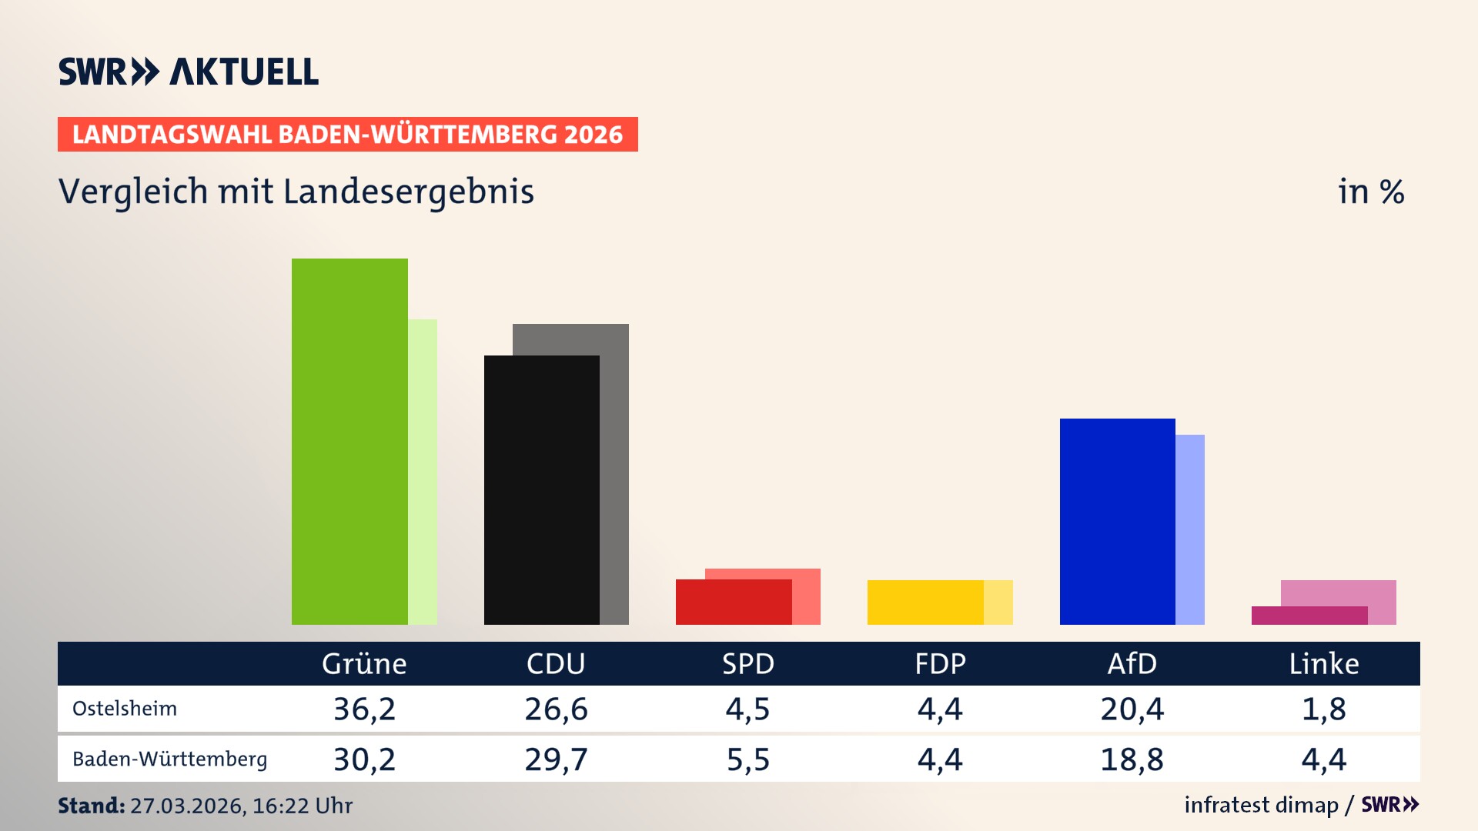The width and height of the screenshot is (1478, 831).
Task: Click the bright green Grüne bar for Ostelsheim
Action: [349, 441]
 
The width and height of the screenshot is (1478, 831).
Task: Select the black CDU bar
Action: [541, 489]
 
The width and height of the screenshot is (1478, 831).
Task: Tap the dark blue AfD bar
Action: [1117, 521]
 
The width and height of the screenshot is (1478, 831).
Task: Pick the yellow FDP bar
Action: [925, 602]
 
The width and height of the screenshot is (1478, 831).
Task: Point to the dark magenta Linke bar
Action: [1309, 616]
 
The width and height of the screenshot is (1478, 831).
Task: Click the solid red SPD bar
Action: [733, 602]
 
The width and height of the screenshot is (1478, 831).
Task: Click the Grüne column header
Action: [364, 663]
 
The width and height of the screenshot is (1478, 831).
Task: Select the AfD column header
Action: [1132, 663]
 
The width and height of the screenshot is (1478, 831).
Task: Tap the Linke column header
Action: [1324, 663]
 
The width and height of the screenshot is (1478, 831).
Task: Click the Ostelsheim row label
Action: [125, 709]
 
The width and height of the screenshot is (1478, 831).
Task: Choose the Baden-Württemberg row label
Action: [169, 759]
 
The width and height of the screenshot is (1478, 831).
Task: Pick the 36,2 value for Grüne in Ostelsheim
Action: [364, 709]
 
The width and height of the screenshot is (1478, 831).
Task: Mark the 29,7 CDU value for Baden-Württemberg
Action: [556, 759]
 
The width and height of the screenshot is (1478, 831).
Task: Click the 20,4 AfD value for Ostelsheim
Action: [1132, 709]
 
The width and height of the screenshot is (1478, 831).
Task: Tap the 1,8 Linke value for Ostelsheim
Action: [1324, 709]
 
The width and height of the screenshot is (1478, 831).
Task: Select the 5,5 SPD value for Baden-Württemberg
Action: [748, 759]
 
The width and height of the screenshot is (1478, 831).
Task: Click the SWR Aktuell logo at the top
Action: [189, 72]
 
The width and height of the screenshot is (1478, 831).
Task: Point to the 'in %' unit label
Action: [1371, 192]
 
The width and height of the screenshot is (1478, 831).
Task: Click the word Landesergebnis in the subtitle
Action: [409, 192]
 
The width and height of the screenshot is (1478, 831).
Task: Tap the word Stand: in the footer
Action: [91, 806]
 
